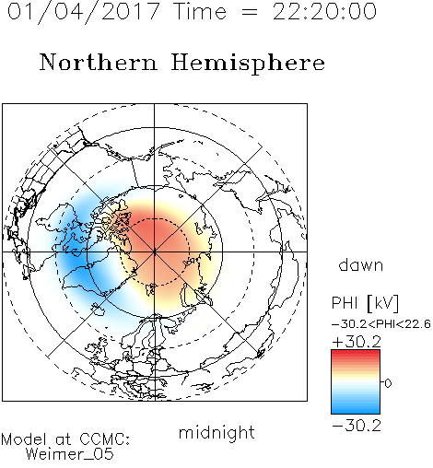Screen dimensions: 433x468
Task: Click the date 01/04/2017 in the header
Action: (x=84, y=12)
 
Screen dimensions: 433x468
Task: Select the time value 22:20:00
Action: (x=324, y=12)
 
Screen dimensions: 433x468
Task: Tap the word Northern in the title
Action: (x=99, y=63)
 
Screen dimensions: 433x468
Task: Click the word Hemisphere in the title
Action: (x=248, y=64)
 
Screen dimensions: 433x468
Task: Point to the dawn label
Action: (x=361, y=264)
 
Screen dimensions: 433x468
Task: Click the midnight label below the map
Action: (x=216, y=432)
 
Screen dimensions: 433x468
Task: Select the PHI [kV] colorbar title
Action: (x=365, y=303)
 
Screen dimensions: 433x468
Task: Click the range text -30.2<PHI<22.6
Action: (x=381, y=324)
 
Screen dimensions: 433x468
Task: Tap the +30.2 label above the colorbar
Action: (x=357, y=342)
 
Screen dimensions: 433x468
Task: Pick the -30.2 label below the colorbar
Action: (x=357, y=426)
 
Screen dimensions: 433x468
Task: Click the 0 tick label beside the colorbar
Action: (x=388, y=383)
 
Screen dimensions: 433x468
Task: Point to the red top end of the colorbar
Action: (x=356, y=352)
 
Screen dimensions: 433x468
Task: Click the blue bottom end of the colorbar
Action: (x=356, y=411)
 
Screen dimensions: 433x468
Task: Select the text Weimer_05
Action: (x=69, y=454)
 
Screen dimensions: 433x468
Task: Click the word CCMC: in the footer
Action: (x=105, y=439)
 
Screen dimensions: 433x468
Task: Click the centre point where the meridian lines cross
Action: (x=155, y=252)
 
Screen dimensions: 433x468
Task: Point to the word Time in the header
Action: (x=200, y=12)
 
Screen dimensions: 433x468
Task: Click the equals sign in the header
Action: (x=250, y=12)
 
